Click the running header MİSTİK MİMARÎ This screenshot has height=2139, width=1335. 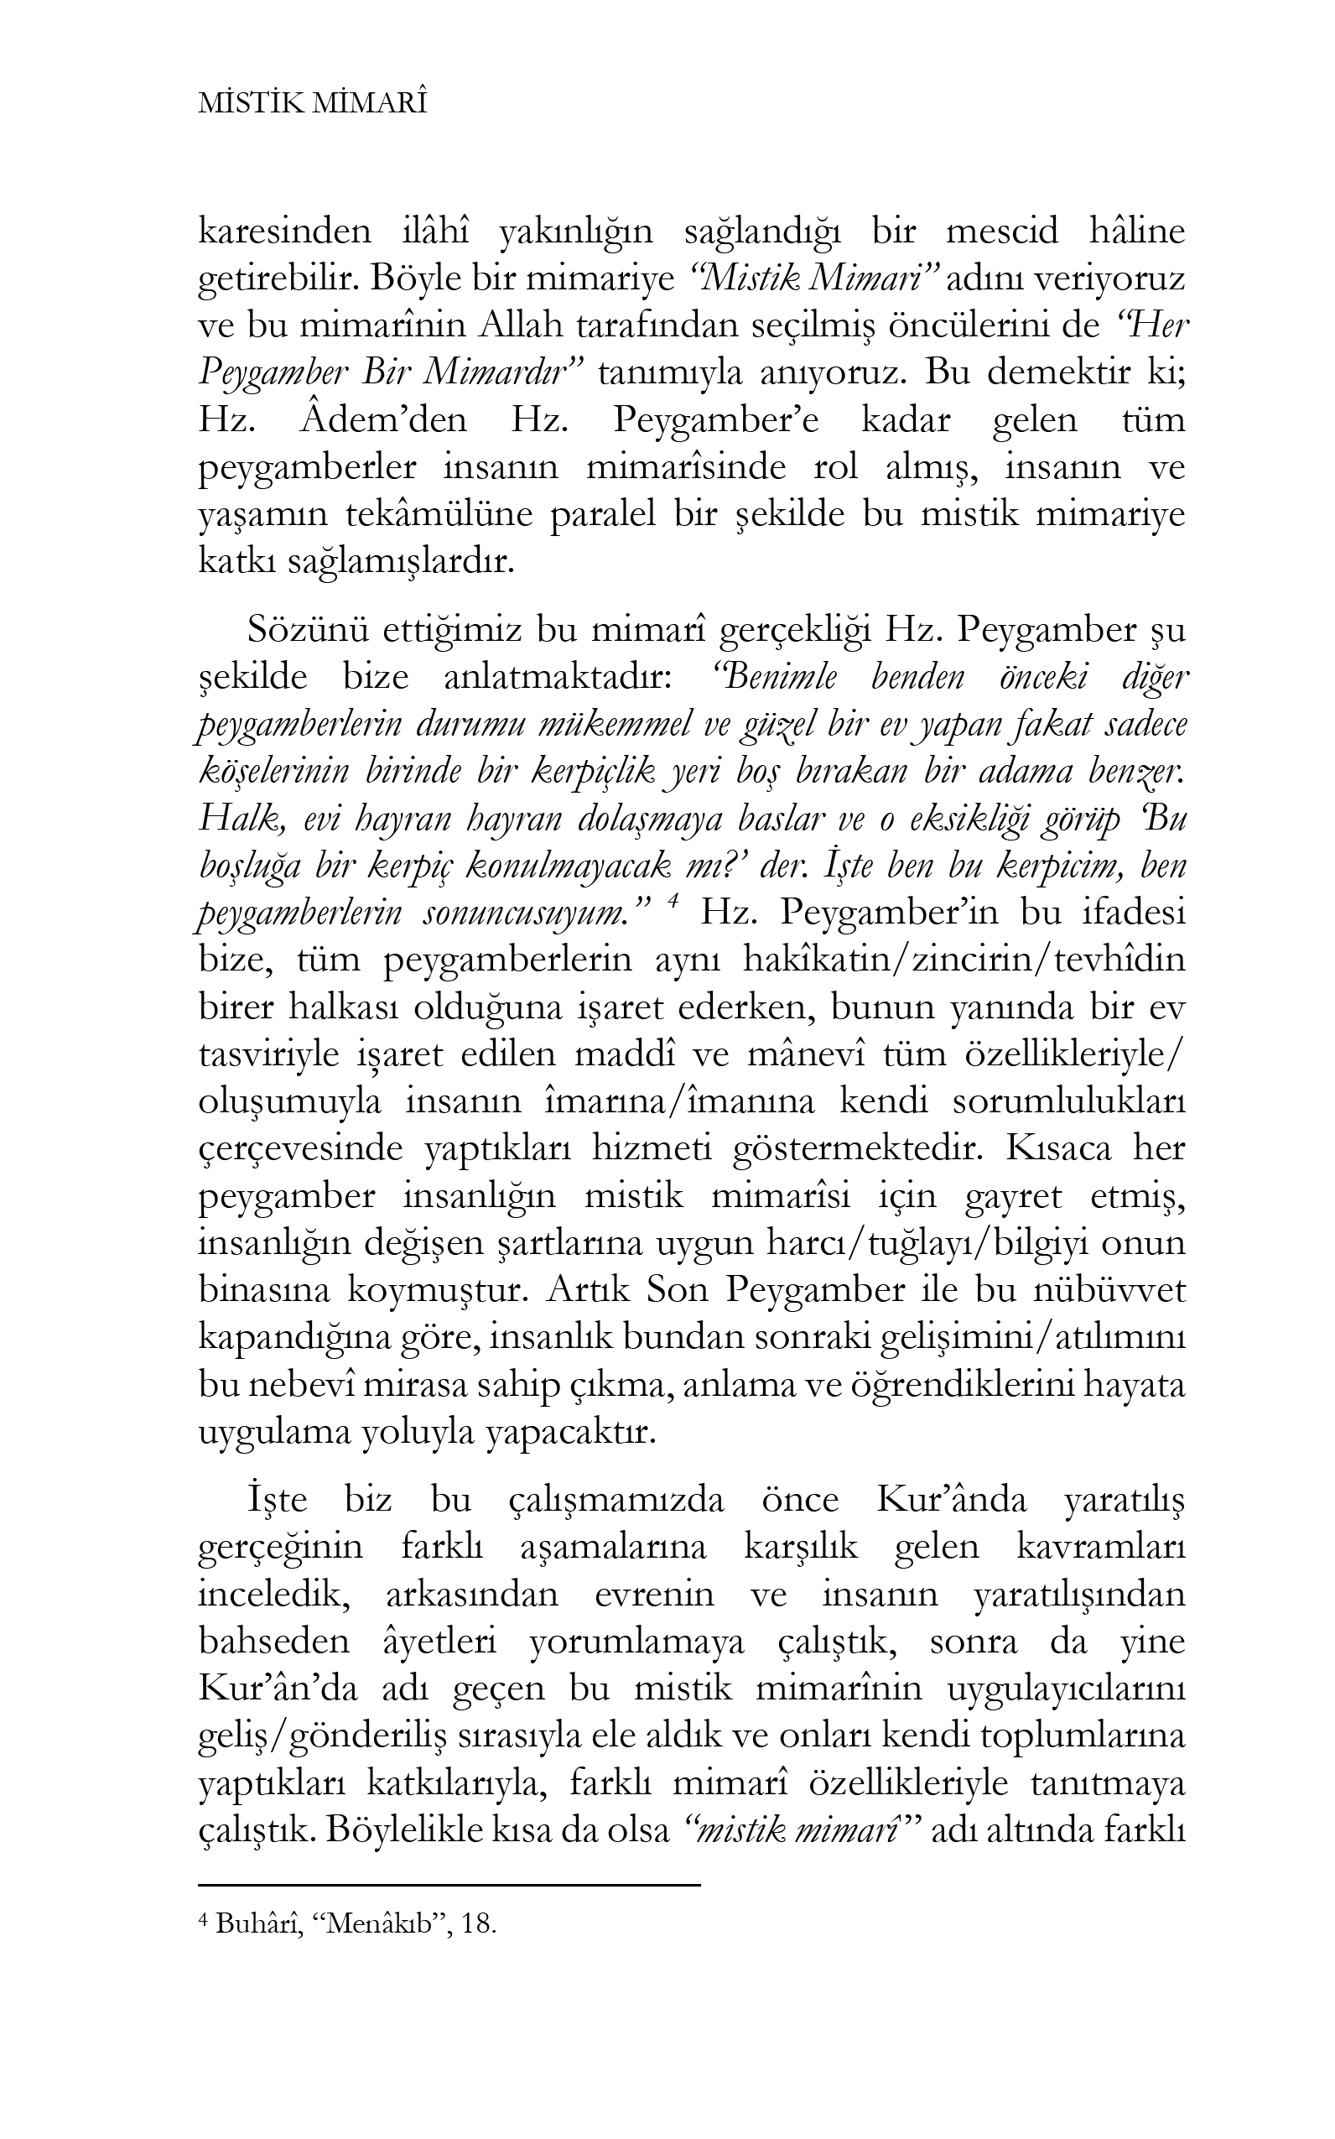(314, 104)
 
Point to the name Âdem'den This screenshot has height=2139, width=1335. (383, 419)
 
